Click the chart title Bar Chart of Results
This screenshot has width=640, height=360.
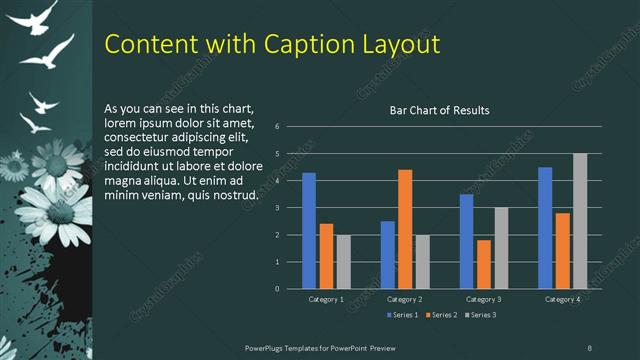[439, 111]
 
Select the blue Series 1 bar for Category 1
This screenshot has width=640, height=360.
[309, 231]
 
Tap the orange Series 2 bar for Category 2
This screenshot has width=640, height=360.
[405, 229]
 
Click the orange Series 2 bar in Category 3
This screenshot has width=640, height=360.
[484, 264]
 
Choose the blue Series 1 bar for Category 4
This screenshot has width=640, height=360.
[545, 228]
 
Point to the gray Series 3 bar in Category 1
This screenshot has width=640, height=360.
[343, 262]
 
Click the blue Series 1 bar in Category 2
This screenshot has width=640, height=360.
[388, 255]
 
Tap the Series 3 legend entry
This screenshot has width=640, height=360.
[479, 315]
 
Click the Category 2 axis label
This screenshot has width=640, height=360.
[404, 299]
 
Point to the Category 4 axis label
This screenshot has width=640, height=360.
[562, 299]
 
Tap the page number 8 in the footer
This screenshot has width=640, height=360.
[589, 346]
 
